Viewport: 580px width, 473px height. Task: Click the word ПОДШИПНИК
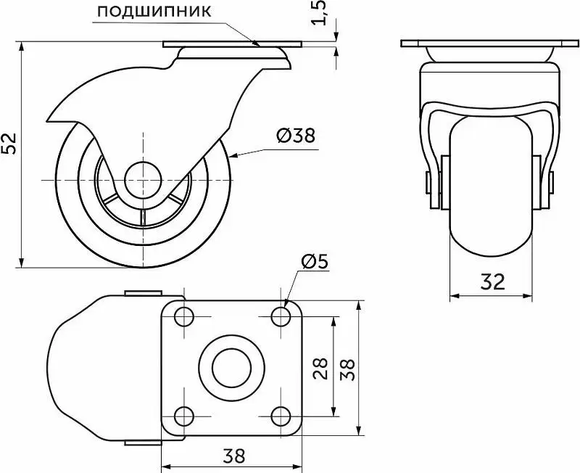tap(154, 12)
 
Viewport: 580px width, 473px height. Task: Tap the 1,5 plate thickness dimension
tap(319, 13)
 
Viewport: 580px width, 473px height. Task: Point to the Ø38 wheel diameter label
tap(296, 136)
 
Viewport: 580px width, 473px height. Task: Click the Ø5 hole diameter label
tap(315, 262)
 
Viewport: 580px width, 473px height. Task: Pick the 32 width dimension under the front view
tap(493, 282)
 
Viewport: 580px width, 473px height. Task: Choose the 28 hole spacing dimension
tap(320, 369)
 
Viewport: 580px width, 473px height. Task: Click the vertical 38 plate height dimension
tap(347, 369)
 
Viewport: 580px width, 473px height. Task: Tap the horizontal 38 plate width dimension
tap(234, 456)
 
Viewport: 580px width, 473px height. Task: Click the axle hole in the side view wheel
tap(143, 180)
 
